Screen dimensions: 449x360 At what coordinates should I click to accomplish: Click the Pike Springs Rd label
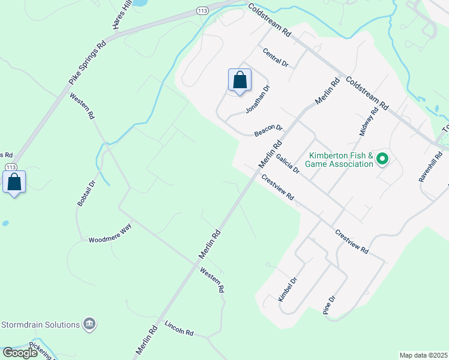click(87, 62)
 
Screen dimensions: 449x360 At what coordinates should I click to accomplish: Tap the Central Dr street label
click(276, 58)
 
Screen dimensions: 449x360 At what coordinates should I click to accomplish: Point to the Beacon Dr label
click(268, 130)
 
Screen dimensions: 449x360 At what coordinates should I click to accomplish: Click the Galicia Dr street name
click(288, 163)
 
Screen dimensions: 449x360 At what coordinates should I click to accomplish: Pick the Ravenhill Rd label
click(428, 167)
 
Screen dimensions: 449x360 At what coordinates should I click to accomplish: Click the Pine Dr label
click(328, 305)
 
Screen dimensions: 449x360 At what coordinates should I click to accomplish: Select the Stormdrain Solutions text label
click(41, 325)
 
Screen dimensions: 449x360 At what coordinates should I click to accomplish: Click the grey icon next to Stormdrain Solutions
click(89, 325)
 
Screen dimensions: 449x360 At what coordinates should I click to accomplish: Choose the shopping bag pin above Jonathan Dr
click(240, 80)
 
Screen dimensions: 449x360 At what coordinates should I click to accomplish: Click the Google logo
click(20, 353)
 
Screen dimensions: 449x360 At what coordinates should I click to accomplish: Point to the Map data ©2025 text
click(423, 355)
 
